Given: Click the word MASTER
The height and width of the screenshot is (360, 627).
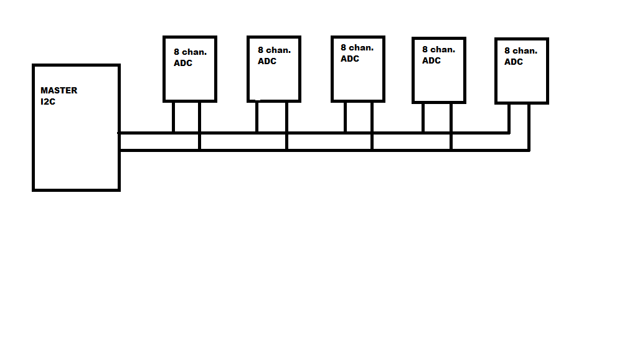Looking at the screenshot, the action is pos(59,90).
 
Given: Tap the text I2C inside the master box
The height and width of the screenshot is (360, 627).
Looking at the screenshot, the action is pos(47,102).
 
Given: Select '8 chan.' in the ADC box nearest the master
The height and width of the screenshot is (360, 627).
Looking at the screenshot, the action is pos(190,52).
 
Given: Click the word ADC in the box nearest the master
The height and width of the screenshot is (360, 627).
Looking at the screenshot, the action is pos(182,63).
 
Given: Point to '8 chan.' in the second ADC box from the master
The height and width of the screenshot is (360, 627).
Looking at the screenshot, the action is pos(274,50).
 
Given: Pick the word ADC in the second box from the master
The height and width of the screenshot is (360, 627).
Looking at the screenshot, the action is pos(266,61).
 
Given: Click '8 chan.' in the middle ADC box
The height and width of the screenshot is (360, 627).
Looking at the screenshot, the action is pos(357,47).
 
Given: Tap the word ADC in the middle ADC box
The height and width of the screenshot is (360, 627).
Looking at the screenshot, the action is pos(349,59).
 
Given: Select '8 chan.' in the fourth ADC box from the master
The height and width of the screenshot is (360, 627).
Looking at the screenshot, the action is pos(438,50).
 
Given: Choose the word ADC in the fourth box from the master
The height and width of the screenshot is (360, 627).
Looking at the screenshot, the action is pos(431,61).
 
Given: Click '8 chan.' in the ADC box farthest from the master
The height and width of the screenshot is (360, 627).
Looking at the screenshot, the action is pos(521,51).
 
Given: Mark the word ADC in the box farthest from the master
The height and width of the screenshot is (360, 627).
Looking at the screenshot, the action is pos(514,62).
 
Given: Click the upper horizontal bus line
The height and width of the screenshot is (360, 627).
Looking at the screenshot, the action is pos(314,133).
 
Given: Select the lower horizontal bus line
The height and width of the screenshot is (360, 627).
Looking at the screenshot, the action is pos(324,150).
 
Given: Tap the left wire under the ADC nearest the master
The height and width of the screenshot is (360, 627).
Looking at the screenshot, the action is pos(174,117).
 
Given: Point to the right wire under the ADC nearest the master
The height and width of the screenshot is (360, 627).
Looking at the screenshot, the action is pos(199,126).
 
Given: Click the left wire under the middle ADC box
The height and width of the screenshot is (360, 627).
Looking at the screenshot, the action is pos(345,117).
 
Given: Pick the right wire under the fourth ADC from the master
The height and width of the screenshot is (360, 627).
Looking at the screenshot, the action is pos(451,126).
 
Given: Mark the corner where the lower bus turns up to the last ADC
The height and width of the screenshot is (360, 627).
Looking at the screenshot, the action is pos(529,150).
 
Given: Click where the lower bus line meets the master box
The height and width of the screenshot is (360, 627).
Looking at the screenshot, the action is pos(120,150).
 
